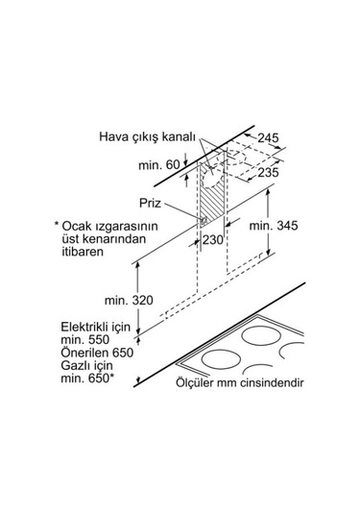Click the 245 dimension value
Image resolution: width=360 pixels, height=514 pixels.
coord(268,138)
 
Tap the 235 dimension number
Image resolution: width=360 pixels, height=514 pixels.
coord(268,172)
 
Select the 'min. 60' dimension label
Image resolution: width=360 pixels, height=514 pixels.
coord(159,165)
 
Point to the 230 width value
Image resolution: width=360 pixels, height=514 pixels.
coord(212,240)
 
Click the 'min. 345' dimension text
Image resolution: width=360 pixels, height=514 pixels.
coord(274,226)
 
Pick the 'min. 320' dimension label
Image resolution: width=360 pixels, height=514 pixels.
coord(129,301)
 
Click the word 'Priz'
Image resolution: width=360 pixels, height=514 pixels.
coord(150,203)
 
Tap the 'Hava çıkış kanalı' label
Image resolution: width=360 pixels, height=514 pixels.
coord(148,136)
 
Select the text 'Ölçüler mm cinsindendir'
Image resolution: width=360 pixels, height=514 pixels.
coord(239,382)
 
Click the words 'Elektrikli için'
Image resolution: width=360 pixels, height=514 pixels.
coord(95,328)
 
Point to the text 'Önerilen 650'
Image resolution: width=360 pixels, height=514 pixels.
coord(97,353)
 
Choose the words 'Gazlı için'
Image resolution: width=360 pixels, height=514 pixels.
coord(86,366)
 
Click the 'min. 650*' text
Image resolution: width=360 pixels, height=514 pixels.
coord(87,379)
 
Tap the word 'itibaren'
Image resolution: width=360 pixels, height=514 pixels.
coord(83,252)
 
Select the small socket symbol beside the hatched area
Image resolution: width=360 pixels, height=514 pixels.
coord(204,221)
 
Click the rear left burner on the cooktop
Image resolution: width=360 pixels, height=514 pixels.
coord(261,335)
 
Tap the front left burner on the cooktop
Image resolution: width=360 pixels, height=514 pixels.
coord(221,358)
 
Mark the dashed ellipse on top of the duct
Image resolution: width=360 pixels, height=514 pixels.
coord(234,157)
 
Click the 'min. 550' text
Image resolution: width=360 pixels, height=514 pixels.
coord(84,340)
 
